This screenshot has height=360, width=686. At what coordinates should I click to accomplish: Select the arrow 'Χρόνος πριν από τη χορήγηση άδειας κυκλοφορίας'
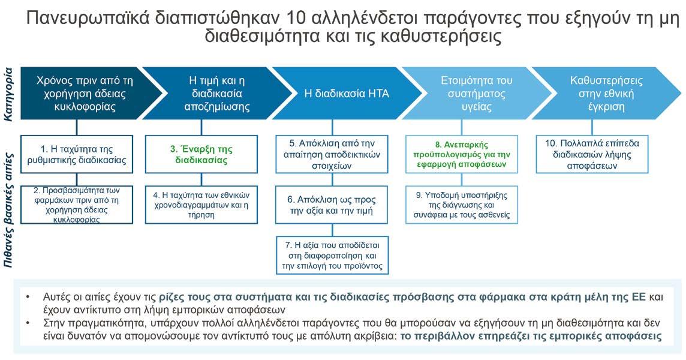(x=76, y=94)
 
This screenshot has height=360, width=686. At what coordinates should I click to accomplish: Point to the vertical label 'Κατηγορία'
(x=8, y=94)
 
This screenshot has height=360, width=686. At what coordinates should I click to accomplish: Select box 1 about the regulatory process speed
(x=77, y=154)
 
